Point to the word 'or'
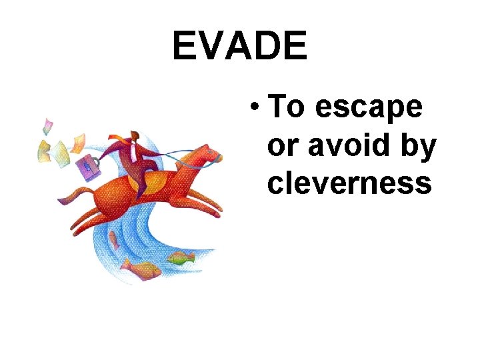281,145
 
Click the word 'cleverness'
349,182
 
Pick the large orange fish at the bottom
142,269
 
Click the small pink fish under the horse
113,239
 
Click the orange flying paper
77,142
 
